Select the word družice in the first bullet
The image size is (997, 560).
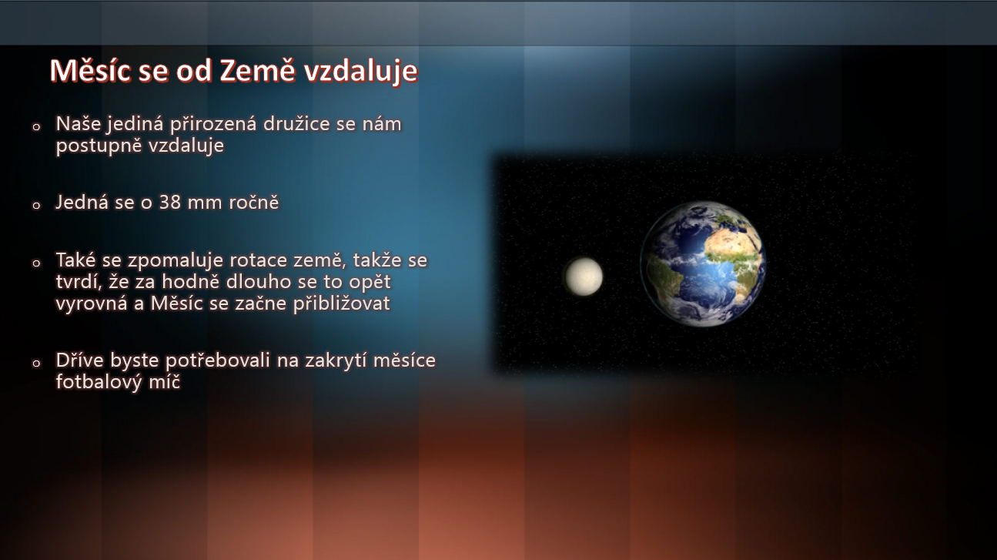point(296,124)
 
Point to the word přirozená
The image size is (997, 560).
point(213,125)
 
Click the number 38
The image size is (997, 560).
point(170,203)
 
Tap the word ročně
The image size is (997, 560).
point(254,203)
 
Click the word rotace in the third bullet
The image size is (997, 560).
point(258,260)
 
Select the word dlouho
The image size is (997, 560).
point(257,282)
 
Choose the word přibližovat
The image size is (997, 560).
point(341,303)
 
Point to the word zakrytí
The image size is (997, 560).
point(336,361)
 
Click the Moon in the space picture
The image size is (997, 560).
point(584,277)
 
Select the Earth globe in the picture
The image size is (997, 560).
point(703,264)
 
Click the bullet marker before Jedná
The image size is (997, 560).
point(36,205)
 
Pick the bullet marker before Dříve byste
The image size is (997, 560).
point(36,364)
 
